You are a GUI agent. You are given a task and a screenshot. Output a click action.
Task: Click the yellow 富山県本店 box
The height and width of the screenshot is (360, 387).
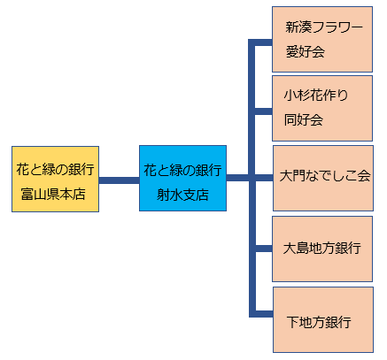[55, 179]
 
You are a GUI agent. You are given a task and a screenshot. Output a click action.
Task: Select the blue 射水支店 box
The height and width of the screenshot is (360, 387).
[182, 178]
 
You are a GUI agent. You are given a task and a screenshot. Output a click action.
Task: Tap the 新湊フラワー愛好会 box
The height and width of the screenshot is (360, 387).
[322, 39]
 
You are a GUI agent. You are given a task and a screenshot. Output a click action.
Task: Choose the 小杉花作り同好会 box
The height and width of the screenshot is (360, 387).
[322, 108]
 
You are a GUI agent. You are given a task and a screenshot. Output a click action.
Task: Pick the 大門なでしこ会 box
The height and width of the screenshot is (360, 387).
[323, 178]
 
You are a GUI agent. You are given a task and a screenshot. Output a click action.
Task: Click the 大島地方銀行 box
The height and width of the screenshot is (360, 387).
[322, 249]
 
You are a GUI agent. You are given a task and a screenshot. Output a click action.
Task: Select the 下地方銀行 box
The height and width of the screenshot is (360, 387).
[323, 319]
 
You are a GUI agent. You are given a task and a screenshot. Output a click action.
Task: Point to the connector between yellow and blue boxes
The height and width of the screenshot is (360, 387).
[119, 180]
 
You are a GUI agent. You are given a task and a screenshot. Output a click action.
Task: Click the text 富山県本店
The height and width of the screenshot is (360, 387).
[53, 195]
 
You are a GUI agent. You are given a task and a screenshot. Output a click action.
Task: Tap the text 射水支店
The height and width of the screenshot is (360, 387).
[182, 195]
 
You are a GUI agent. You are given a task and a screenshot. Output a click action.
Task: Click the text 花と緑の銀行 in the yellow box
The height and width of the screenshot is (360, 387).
[55, 169]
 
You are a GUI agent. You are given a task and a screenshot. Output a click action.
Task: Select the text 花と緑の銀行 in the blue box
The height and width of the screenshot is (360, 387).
[182, 170]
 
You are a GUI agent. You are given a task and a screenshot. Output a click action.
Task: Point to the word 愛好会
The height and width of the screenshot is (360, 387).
[305, 52]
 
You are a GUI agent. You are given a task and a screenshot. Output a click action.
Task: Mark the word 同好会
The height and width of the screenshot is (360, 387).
[304, 120]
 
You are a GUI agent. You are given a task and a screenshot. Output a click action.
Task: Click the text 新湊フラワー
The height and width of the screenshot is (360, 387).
[324, 27]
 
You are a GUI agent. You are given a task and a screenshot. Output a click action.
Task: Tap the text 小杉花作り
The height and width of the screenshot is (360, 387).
[316, 96]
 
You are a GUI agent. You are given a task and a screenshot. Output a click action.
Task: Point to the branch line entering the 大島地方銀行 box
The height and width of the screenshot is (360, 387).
[263, 249]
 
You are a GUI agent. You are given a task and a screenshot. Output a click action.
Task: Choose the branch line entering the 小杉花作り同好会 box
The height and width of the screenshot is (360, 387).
[263, 111]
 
